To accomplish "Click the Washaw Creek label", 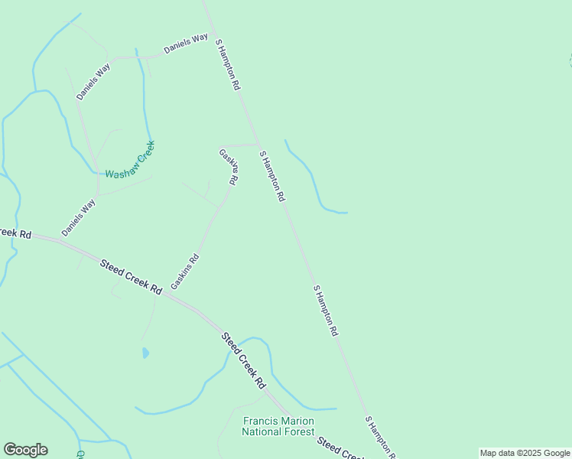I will (130, 161).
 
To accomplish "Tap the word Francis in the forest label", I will (261, 421).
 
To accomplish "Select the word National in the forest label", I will (262, 431).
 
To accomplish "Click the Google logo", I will (25, 450).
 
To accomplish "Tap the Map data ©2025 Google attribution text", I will (525, 453).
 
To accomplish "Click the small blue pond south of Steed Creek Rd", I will (145, 353).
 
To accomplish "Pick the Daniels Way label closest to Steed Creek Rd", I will (79, 217).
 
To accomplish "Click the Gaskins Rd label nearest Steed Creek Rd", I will (185, 272).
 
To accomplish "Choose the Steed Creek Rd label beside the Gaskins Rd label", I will (131, 277).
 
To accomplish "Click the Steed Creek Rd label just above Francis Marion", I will (243, 360).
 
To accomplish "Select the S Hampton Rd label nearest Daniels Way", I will (228, 66).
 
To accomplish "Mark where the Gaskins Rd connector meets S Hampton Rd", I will (258, 144).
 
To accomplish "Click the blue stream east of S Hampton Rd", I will (314, 179).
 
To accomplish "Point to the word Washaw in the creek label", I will (120, 174).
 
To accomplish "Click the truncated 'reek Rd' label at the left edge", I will (15, 233).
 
